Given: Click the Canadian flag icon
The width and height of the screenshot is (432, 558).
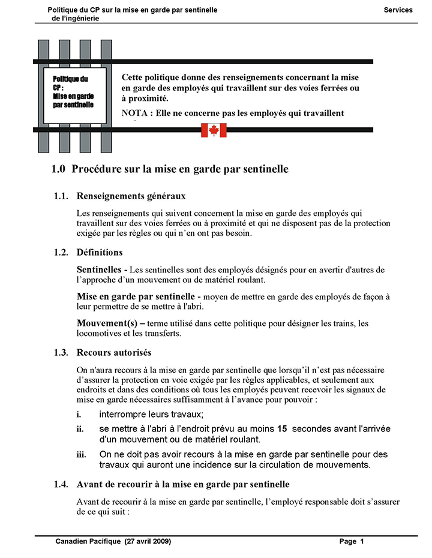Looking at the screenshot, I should [214, 130].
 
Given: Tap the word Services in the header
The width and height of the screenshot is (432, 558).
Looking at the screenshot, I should [398, 10].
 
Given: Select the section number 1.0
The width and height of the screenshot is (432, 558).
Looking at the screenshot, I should [58, 170].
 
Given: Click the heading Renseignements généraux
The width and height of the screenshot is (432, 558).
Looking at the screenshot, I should [131, 196].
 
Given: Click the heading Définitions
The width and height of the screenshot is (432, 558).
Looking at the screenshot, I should [100, 253].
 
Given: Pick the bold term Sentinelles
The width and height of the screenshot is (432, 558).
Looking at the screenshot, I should [101, 269].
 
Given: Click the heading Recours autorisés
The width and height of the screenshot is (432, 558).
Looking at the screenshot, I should [114, 353].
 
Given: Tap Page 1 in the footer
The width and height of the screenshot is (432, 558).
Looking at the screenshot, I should [352, 541].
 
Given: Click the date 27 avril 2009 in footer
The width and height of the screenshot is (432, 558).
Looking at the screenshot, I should [148, 541].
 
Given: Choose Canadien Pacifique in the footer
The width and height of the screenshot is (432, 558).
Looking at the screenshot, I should [88, 541].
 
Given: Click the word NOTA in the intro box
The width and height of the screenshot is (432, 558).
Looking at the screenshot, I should [136, 113].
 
